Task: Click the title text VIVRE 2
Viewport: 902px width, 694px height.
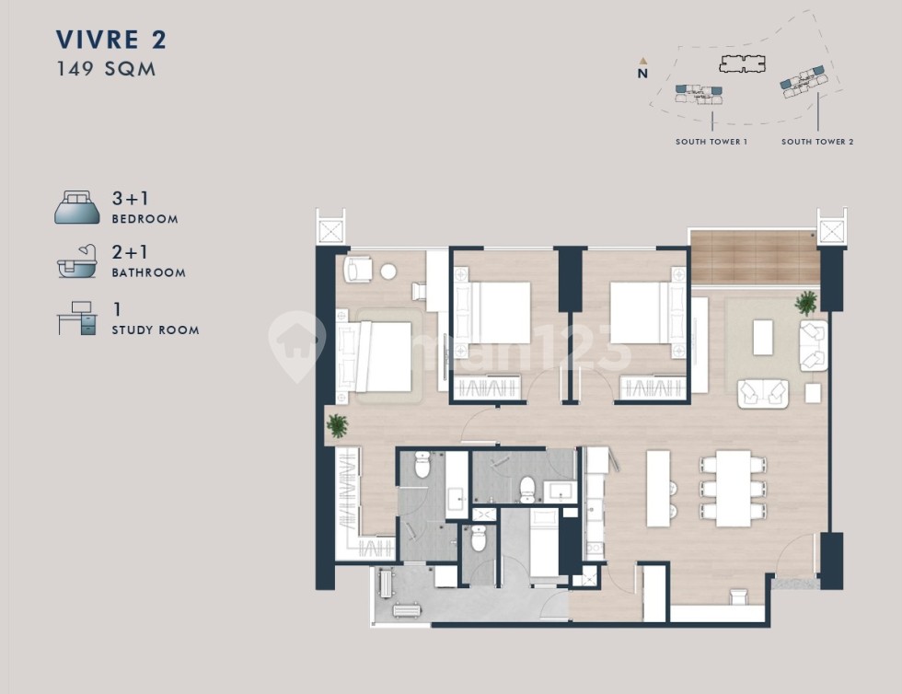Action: pos(111,40)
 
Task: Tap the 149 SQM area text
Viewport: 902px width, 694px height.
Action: pos(106,69)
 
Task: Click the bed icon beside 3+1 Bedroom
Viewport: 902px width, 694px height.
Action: pos(77,207)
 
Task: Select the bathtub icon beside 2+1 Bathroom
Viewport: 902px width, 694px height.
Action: pos(76,261)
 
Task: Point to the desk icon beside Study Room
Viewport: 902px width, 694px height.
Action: pos(77,318)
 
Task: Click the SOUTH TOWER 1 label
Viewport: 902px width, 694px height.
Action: pos(711,142)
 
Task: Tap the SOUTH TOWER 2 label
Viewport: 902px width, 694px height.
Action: pos(817,142)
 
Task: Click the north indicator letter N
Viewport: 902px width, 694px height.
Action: pos(642,74)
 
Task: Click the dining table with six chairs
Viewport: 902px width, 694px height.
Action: pos(733,489)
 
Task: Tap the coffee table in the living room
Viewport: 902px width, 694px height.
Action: pos(763,338)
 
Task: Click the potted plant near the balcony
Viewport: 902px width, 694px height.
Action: pos(806,303)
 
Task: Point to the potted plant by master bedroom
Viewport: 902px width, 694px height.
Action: pos(337,426)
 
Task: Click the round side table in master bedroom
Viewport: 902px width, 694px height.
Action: pos(388,272)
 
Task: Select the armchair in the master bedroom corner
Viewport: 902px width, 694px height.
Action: pos(358,269)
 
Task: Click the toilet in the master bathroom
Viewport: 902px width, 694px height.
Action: pos(422,465)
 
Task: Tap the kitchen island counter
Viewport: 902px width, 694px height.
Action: pos(658,489)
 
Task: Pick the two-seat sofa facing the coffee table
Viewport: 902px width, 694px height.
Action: pos(763,394)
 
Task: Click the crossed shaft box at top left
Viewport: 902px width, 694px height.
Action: pos(330,231)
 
